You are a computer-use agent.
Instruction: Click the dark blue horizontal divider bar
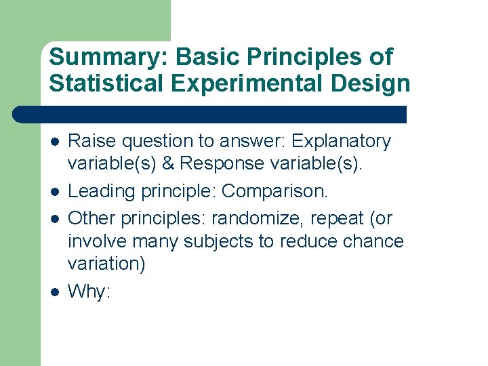(x=210, y=114)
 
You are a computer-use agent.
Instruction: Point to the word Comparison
(x=274, y=192)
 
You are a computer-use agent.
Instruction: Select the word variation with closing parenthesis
(x=106, y=264)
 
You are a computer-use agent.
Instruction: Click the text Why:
(x=89, y=291)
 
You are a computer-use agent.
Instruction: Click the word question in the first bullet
(x=157, y=142)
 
